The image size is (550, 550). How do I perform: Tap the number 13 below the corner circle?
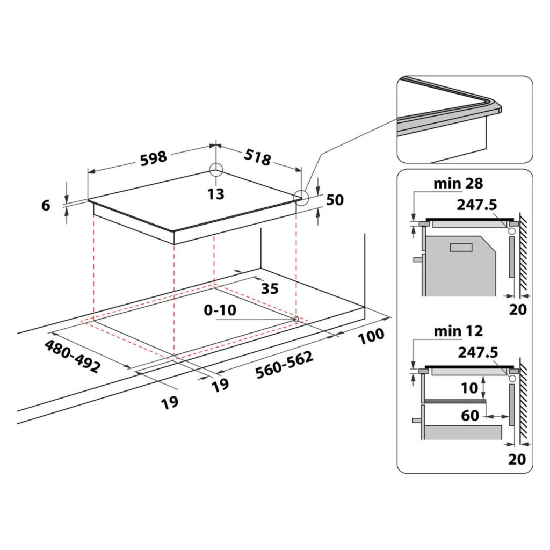pos(216,194)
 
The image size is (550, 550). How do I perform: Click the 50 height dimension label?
pos(334,200)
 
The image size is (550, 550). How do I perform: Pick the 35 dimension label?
pos(270,288)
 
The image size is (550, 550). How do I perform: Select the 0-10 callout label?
pos(220,310)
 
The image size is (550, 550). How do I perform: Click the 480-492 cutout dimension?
pos(73,357)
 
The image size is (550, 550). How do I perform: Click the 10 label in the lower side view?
pos(469,387)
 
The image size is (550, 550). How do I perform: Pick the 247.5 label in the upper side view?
pos(477,205)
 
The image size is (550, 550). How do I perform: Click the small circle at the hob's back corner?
pos(215,169)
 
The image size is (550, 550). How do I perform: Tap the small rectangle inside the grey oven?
pos(460,247)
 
